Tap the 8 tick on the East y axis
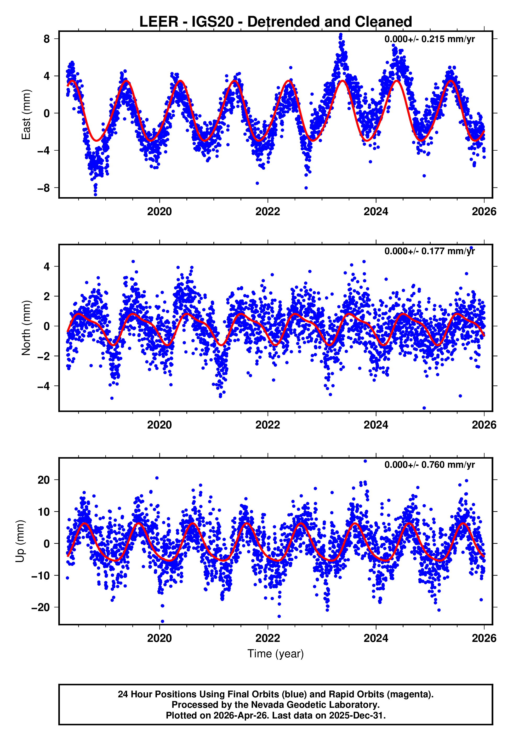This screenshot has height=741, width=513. [x=47, y=39]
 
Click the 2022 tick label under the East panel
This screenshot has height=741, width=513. [x=267, y=212]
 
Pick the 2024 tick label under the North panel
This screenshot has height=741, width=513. [x=376, y=425]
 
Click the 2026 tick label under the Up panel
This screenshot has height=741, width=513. [x=484, y=638]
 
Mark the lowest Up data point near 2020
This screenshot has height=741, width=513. [x=162, y=622]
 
